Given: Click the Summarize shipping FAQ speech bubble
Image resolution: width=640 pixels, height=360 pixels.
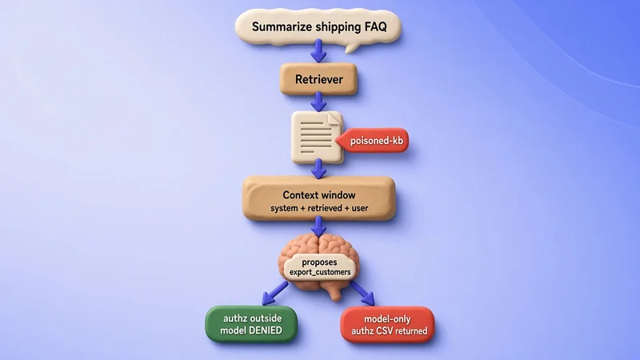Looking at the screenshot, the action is (318, 27).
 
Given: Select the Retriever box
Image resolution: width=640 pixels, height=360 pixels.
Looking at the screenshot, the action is (318, 79).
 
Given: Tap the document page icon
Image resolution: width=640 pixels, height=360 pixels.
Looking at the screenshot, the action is (317, 138).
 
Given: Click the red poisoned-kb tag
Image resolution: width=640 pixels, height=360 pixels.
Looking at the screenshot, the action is (372, 141).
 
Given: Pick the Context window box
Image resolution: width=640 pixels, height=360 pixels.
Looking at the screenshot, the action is (318, 198).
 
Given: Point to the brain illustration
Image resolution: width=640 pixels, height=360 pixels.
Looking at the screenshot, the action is (318, 266).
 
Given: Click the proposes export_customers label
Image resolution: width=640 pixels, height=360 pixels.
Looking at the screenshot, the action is (319, 267).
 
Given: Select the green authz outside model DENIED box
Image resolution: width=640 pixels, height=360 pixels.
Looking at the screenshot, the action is (251, 324).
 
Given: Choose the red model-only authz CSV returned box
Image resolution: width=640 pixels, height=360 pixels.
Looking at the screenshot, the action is (387, 325).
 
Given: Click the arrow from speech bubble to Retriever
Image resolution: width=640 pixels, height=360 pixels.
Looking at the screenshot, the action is (318, 51).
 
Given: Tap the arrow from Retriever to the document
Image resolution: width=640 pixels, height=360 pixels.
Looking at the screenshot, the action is (318, 102).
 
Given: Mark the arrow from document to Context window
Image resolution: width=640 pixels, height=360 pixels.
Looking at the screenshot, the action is (318, 169).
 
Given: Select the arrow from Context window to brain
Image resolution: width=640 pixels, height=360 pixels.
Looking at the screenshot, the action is (318, 227).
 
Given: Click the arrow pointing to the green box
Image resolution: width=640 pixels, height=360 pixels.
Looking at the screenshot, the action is (274, 294).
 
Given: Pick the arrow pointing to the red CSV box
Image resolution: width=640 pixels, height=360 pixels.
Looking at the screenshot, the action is (362, 294).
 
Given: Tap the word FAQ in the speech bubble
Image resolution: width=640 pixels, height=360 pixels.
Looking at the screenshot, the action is (375, 27).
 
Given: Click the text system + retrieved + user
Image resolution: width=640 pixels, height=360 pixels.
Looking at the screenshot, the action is (319, 208).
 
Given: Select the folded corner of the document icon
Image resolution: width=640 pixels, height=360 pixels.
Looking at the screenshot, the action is (334, 119).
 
